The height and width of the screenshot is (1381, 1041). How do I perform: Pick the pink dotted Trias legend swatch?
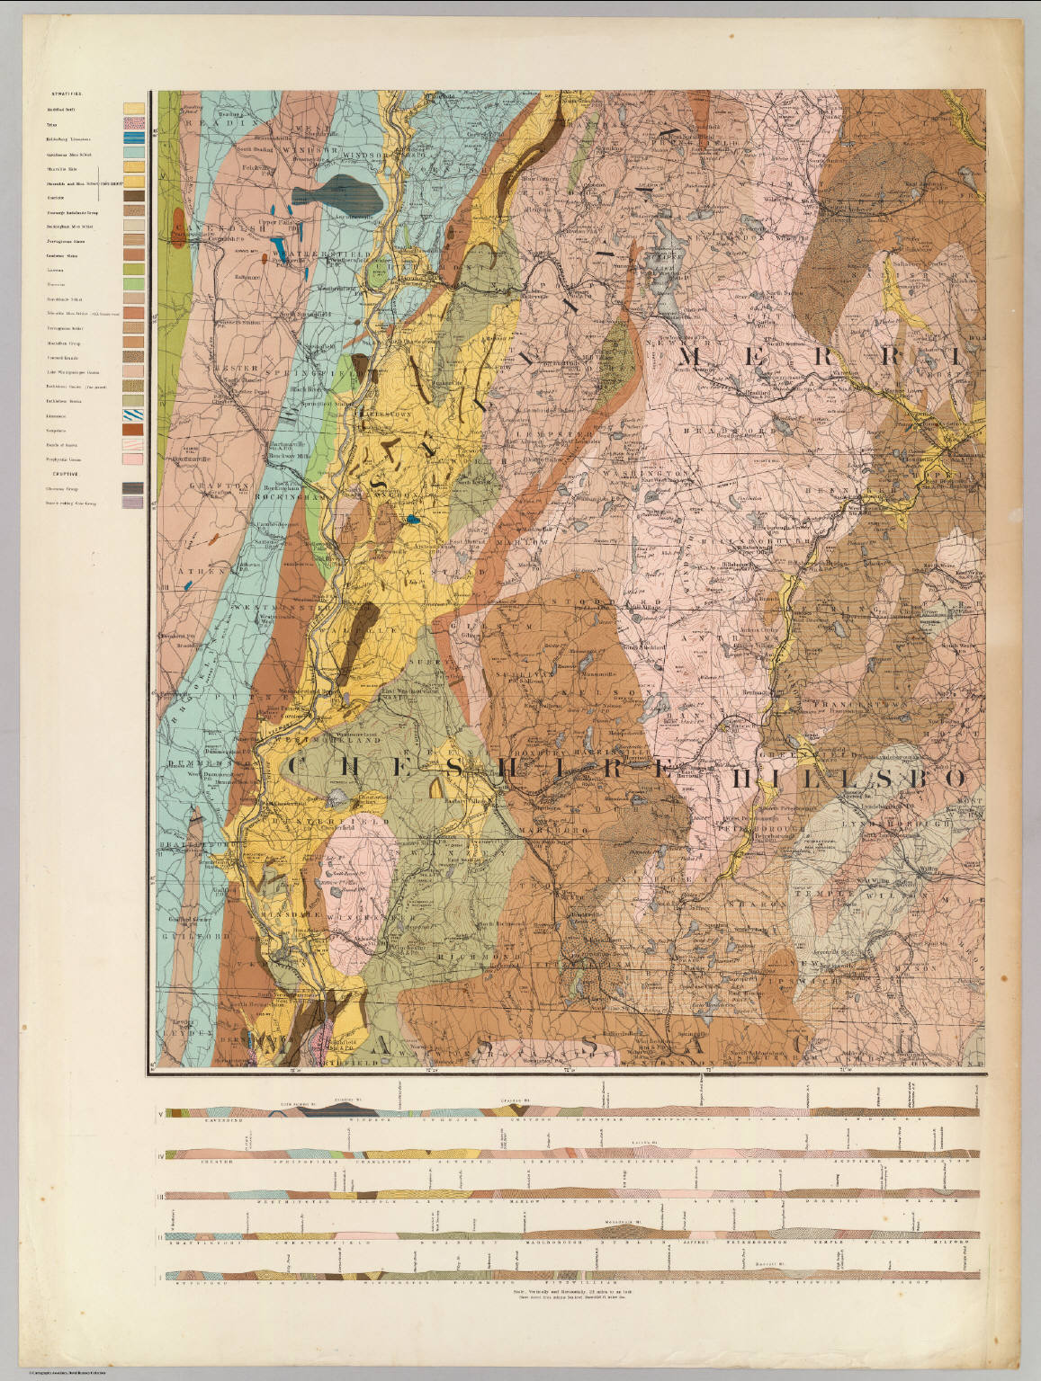pos(133,124)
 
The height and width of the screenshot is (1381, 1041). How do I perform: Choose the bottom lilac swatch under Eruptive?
pos(133,503)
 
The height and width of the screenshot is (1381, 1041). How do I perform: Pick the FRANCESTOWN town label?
pos(814,707)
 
